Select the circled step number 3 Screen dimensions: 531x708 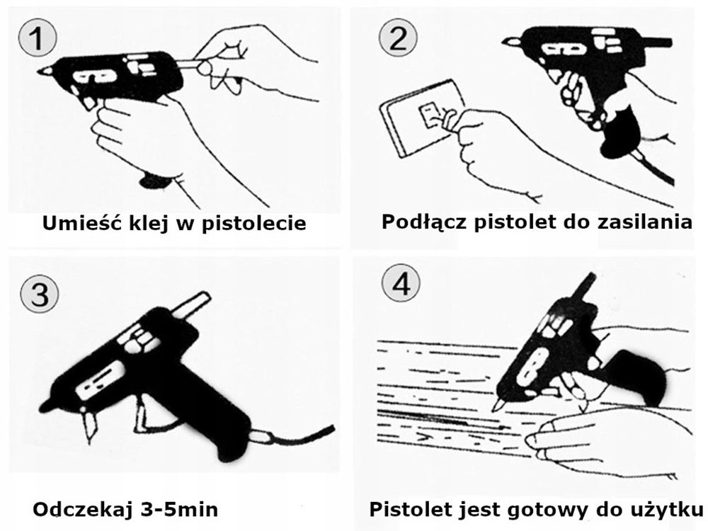coord(36,292)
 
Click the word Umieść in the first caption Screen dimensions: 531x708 coord(74,224)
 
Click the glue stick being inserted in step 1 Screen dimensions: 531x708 coord(185,64)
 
